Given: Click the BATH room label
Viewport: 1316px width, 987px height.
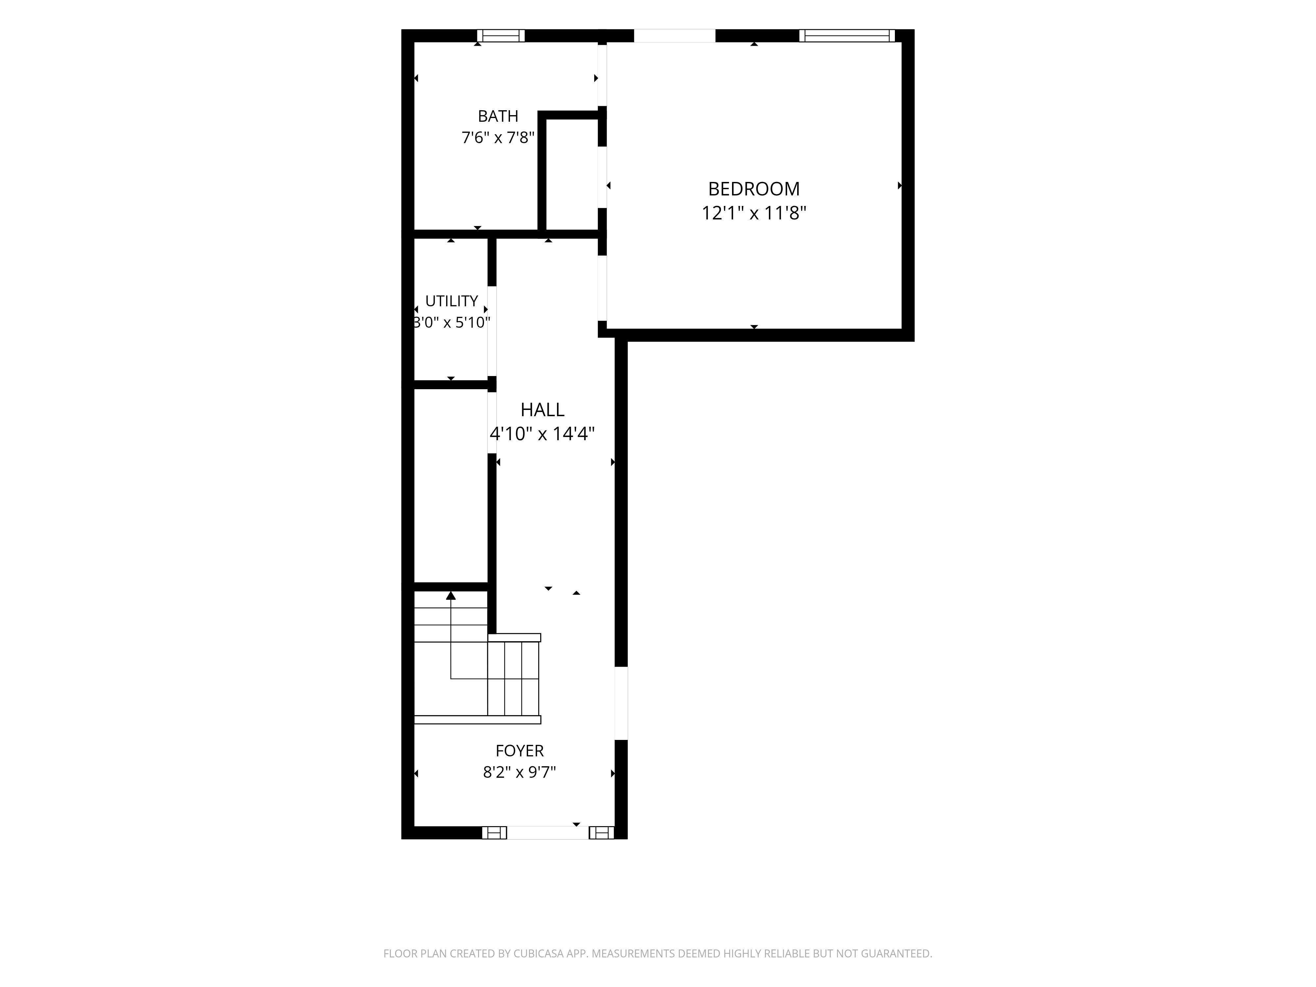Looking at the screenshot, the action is tap(498, 116).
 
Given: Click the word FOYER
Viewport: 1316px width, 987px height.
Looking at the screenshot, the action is tap(519, 751).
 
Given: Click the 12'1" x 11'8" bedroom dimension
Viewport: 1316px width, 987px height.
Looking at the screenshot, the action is tap(754, 213).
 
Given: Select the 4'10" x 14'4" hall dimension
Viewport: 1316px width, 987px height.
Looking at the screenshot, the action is tap(542, 434).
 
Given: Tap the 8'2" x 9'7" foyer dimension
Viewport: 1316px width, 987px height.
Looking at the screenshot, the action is tap(519, 772).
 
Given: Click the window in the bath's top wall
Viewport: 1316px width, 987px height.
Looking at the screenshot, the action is tap(501, 36).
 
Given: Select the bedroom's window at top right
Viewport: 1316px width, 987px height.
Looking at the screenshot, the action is tap(847, 36).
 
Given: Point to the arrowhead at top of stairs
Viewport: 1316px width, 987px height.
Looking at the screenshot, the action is tap(451, 595).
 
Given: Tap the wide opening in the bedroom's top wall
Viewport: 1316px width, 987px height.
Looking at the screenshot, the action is tap(675, 36).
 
